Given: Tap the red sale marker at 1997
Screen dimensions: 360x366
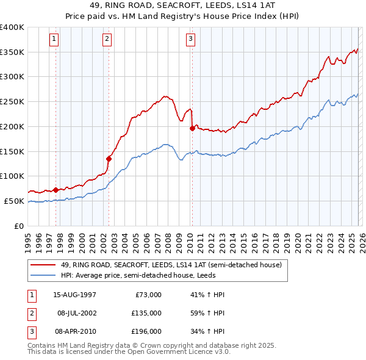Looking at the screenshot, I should pos(56,189).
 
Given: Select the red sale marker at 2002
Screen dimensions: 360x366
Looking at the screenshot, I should pos(109,159).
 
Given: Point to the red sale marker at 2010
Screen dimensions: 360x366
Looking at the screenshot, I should pos(192,128).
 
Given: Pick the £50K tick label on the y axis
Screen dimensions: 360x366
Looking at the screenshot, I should pos(15,201).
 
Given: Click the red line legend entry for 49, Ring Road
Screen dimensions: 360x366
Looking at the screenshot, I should pos(171,265).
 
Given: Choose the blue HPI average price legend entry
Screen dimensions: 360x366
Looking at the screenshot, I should pos(156,276).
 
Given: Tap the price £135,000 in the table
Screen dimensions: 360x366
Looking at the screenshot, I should pos(147,312).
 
